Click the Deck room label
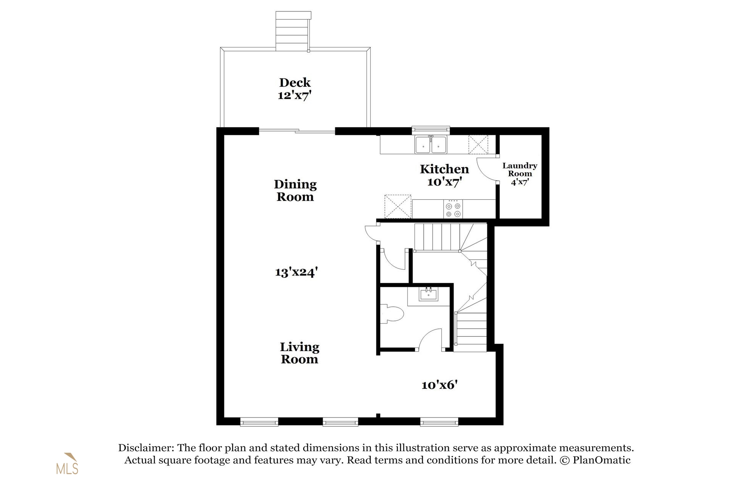(295, 83)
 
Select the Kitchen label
(444, 169)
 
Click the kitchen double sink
(431, 145)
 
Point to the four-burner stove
(453, 209)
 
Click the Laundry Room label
(520, 170)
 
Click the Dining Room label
(295, 191)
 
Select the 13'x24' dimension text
(296, 272)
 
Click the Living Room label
(299, 353)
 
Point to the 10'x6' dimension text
(439, 385)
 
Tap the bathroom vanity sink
(428, 295)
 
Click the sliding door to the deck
(297, 131)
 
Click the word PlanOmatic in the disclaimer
(601, 460)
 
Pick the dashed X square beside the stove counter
(398, 206)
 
